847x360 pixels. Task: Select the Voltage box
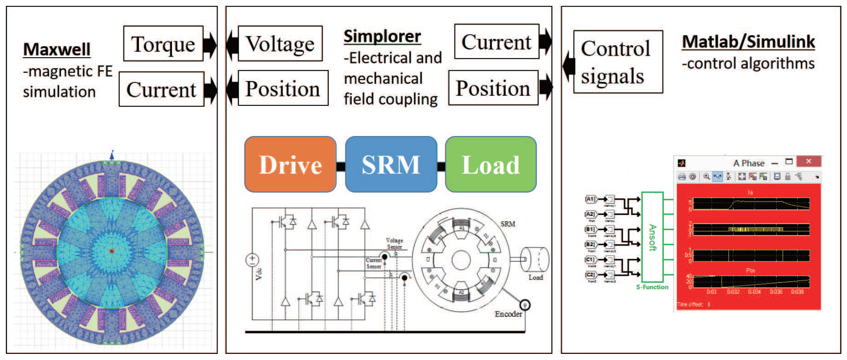click(280, 44)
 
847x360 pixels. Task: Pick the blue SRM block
click(391, 164)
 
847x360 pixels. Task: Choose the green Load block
click(491, 164)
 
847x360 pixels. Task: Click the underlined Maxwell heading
click(56, 50)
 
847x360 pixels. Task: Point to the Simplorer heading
click(382, 36)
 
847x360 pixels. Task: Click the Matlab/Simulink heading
click(748, 42)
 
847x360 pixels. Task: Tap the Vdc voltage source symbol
click(252, 260)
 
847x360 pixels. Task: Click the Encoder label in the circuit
click(508, 314)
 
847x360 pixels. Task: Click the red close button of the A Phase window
click(809, 161)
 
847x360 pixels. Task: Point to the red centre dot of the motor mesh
click(112, 251)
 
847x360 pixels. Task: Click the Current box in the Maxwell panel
click(161, 89)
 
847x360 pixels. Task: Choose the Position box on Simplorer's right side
click(493, 88)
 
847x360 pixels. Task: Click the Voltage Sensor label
click(394, 243)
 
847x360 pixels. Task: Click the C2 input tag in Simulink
click(590, 274)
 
